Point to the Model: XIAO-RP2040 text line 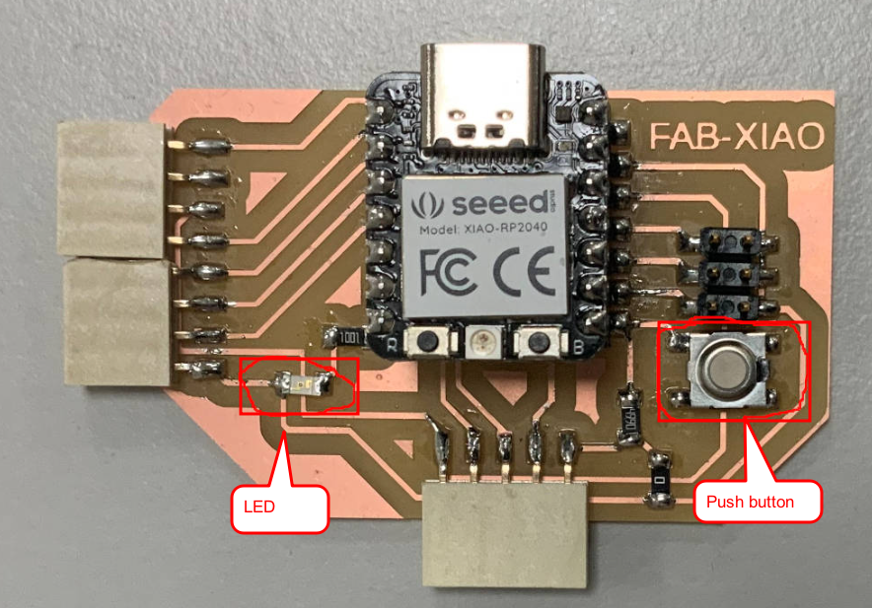coord(486,231)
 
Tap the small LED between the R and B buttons coord(482,342)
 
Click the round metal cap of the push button coord(727,367)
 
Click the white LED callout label coord(279,507)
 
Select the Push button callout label coord(758,502)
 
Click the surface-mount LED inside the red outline coord(296,383)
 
